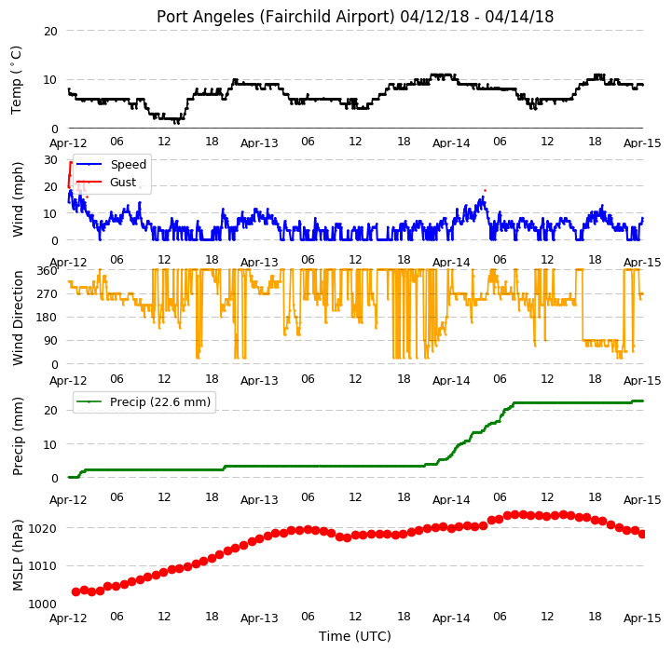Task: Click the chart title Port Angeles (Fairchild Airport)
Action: click(275, 17)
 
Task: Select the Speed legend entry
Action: click(112, 165)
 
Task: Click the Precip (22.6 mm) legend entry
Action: click(144, 401)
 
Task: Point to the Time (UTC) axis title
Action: click(355, 636)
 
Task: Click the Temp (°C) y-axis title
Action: click(16, 80)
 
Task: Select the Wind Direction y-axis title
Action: click(18, 318)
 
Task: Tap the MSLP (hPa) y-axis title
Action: click(18, 555)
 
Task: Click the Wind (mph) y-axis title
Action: click(18, 199)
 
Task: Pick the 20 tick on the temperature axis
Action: click(50, 32)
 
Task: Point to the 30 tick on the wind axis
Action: click(50, 160)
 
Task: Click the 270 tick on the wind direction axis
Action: click(47, 294)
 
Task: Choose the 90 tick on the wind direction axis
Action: click(50, 341)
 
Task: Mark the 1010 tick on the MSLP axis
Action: click(43, 566)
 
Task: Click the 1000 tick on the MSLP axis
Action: click(43, 604)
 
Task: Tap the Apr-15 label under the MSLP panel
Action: click(642, 618)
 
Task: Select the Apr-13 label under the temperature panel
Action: click(259, 143)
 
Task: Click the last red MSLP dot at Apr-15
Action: click(642, 535)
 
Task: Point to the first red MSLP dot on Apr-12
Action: click(75, 591)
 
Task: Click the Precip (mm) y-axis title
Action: click(18, 437)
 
